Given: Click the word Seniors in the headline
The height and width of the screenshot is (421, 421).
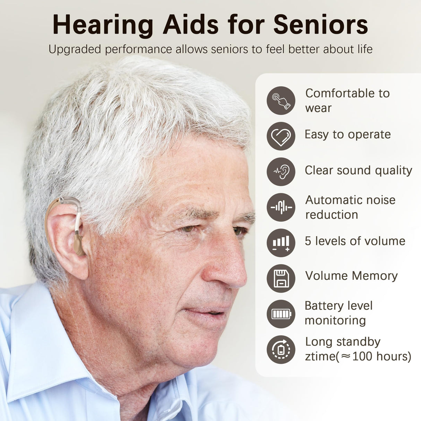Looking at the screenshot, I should (320, 25).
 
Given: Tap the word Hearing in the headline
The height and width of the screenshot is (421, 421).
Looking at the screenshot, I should (103, 25).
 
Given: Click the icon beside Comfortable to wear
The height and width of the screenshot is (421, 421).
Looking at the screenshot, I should (281, 101).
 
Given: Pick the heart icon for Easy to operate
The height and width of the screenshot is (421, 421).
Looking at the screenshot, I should (281, 136).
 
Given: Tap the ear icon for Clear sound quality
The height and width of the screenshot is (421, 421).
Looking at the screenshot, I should (281, 172).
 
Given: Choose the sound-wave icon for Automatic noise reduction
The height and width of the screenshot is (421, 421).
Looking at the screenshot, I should (281, 207).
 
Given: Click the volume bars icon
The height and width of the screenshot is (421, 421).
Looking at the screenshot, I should (281, 243).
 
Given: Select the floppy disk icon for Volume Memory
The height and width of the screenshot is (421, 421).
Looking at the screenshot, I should (281, 278).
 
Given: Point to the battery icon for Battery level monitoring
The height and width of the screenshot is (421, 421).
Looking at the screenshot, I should (281, 314).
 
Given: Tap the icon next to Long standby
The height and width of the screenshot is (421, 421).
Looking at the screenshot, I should (281, 350).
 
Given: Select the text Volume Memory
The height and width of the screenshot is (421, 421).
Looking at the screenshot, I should (351, 276).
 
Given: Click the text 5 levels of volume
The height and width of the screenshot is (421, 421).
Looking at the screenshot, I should (355, 241).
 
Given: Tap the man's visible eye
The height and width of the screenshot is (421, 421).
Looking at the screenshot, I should (189, 229).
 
